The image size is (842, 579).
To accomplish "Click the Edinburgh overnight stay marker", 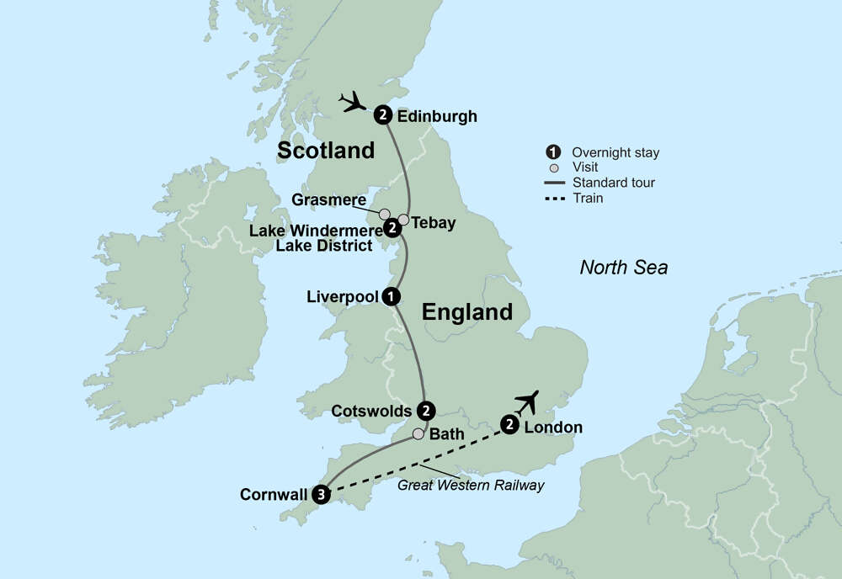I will (383, 115).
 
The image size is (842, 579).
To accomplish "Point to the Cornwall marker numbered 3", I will (321, 495).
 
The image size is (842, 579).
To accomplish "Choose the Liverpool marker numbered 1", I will (390, 296).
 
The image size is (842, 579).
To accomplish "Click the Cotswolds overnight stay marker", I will (427, 411).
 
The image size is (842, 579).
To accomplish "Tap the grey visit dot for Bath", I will (418, 434).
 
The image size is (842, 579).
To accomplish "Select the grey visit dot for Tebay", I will (403, 220).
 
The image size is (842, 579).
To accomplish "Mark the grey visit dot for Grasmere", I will (385, 214).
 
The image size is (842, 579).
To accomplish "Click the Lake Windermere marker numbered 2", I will (392, 227).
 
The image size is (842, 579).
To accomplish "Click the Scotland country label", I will (326, 151).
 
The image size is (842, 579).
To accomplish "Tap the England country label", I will (466, 312).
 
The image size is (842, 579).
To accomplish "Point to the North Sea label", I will (623, 268).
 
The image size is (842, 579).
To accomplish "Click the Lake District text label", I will (324, 246).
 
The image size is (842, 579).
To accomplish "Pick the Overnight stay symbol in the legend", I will (553, 152).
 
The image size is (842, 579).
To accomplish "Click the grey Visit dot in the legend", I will (553, 167).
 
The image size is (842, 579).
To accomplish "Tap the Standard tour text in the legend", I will (613, 183).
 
